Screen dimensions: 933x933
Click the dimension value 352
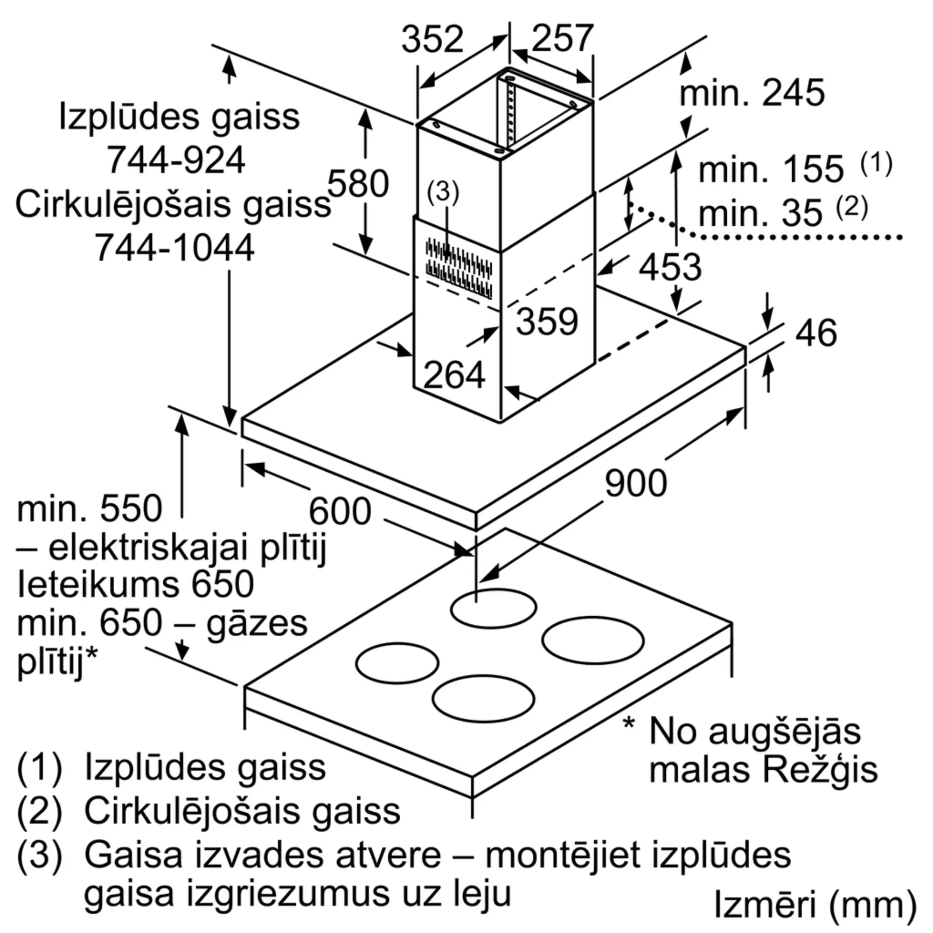432,39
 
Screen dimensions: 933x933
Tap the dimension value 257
562,38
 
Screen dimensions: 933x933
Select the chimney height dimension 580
358,183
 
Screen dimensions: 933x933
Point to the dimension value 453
670,267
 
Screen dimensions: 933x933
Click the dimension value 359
547,321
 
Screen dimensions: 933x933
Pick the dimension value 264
454,375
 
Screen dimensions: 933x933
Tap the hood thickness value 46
815,333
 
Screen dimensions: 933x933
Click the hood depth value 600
340,511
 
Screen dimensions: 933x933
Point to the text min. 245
752,93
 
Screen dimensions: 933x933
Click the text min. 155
771,169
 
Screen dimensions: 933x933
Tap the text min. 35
760,213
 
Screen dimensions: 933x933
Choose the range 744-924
176,160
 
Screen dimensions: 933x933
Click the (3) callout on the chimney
443,192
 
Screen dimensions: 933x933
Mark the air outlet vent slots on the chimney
459,269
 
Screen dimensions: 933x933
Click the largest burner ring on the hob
593,641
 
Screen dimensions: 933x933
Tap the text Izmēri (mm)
815,904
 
